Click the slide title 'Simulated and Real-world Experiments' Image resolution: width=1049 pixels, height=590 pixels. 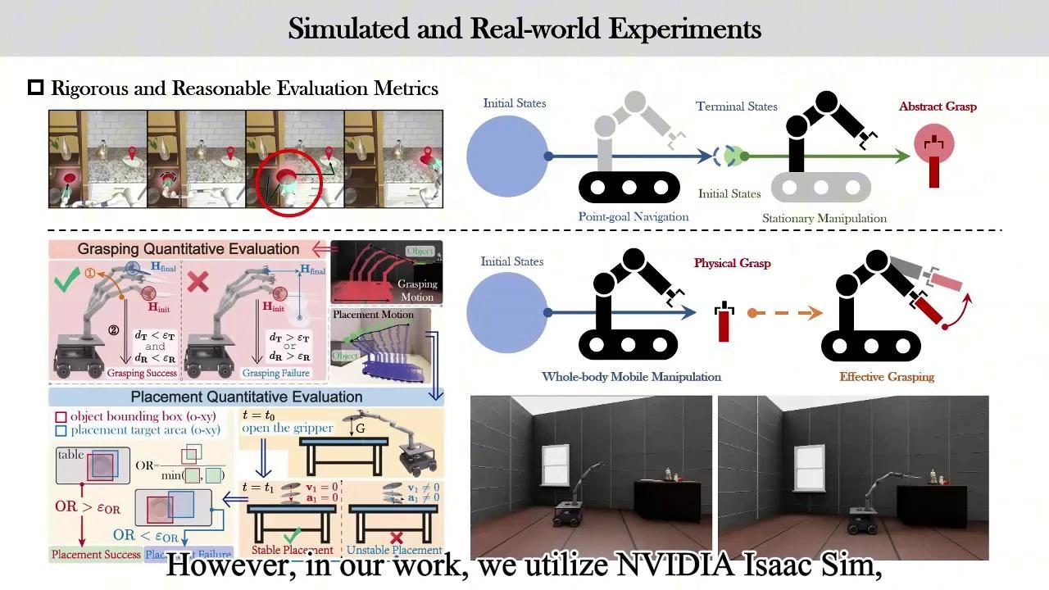tap(524, 29)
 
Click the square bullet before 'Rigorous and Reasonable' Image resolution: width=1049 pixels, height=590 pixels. tap(35, 88)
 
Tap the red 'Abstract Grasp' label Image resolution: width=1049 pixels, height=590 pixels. tap(938, 107)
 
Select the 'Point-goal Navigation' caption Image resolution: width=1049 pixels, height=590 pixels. tap(633, 217)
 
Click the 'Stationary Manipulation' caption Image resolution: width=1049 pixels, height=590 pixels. tap(824, 219)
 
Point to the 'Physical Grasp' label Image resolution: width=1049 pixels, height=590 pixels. tap(732, 263)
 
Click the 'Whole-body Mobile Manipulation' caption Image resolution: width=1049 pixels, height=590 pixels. tap(631, 377)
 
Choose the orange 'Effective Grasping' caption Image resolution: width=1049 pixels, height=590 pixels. tap(886, 377)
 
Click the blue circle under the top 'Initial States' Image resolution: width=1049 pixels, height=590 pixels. tap(507, 156)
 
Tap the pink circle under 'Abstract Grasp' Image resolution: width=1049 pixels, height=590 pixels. tap(934, 145)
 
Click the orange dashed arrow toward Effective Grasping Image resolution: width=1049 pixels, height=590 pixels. tap(785, 312)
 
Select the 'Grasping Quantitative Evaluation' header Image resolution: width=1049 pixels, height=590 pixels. tap(188, 249)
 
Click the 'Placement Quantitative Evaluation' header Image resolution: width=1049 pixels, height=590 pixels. tap(246, 397)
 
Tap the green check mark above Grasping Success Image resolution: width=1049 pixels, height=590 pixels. tap(67, 283)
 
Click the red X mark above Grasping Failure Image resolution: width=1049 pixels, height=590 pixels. tap(198, 283)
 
